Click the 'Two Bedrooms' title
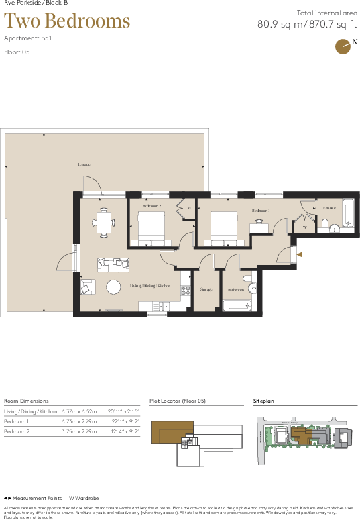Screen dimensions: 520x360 pos(67,21)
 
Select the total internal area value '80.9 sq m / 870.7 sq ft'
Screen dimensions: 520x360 pos(303,25)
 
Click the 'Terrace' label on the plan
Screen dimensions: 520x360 pos(83,164)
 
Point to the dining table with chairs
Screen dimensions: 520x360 pos(103,222)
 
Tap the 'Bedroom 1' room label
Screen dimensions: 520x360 pos(261,211)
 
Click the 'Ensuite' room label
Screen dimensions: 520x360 pos(328,208)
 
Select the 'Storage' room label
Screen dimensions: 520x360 pos(206,290)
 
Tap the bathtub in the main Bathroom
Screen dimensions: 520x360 pos(236,306)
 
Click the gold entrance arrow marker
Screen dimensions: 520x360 pos(300,254)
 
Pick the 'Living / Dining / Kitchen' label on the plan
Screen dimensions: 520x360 pos(150,287)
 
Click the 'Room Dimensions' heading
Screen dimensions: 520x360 pos(26,400)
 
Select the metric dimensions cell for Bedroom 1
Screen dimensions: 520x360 pos(79,421)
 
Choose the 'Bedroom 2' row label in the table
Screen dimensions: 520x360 pos(16,432)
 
